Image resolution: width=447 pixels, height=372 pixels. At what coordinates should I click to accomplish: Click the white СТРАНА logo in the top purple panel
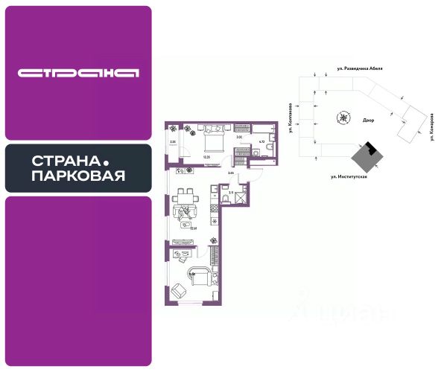pyautogui.click(x=78, y=73)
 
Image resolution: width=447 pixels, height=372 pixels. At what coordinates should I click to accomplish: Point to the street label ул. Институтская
pyautogui.click(x=349, y=177)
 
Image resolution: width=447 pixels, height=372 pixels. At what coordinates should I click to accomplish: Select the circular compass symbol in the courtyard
pyautogui.click(x=343, y=118)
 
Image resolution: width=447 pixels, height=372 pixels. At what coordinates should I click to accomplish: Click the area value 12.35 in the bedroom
pyautogui.click(x=206, y=158)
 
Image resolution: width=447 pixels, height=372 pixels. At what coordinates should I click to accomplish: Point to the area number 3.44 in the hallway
pyautogui.click(x=231, y=173)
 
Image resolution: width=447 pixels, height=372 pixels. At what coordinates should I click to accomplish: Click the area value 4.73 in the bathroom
pyautogui.click(x=261, y=141)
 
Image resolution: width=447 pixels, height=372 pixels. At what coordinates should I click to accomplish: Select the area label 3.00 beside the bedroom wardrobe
pyautogui.click(x=239, y=138)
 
